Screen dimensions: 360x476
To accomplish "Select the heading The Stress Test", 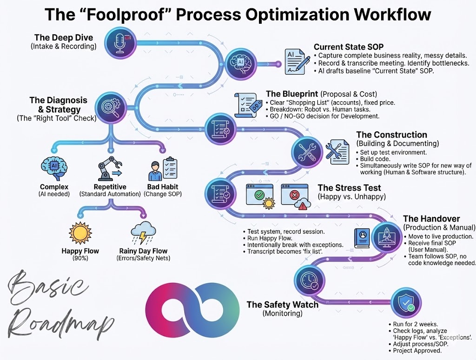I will pyautogui.click(x=349, y=188).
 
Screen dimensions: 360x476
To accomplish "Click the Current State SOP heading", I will pyautogui.click(x=347, y=47).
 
